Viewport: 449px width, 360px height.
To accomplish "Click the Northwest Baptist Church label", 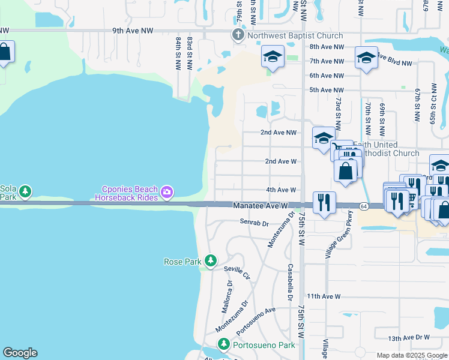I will (295, 36).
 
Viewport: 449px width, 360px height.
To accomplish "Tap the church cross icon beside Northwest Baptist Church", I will (238, 35).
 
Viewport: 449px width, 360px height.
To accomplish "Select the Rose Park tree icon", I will (210, 260).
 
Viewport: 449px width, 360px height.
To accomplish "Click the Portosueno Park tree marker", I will (224, 344).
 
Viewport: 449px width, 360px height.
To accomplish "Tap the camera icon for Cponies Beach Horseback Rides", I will (167, 193).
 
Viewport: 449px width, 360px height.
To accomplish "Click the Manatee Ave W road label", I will (256, 206).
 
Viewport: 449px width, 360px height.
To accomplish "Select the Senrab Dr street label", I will (254, 223).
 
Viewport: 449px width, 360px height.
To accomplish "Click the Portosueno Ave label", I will (256, 321).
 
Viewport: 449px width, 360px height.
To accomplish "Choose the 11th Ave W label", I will (324, 296).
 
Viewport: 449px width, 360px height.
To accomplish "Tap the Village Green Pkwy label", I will (337, 238).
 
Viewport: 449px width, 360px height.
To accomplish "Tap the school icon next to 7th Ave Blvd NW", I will (366, 58).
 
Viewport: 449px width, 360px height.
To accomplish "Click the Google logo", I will (20, 353).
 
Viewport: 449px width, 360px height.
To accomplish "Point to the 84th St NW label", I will (179, 52).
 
